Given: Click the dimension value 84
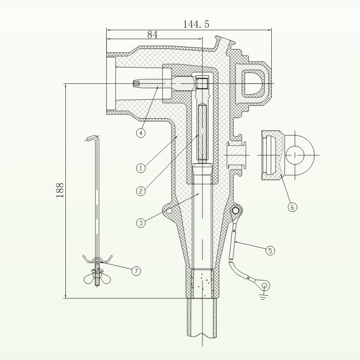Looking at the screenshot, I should (152, 34).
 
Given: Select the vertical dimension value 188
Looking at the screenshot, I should (60, 188).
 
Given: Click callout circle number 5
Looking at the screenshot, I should (271, 251).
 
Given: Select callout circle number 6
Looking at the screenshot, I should (292, 207).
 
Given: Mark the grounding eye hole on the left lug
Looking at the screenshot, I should (169, 210).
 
